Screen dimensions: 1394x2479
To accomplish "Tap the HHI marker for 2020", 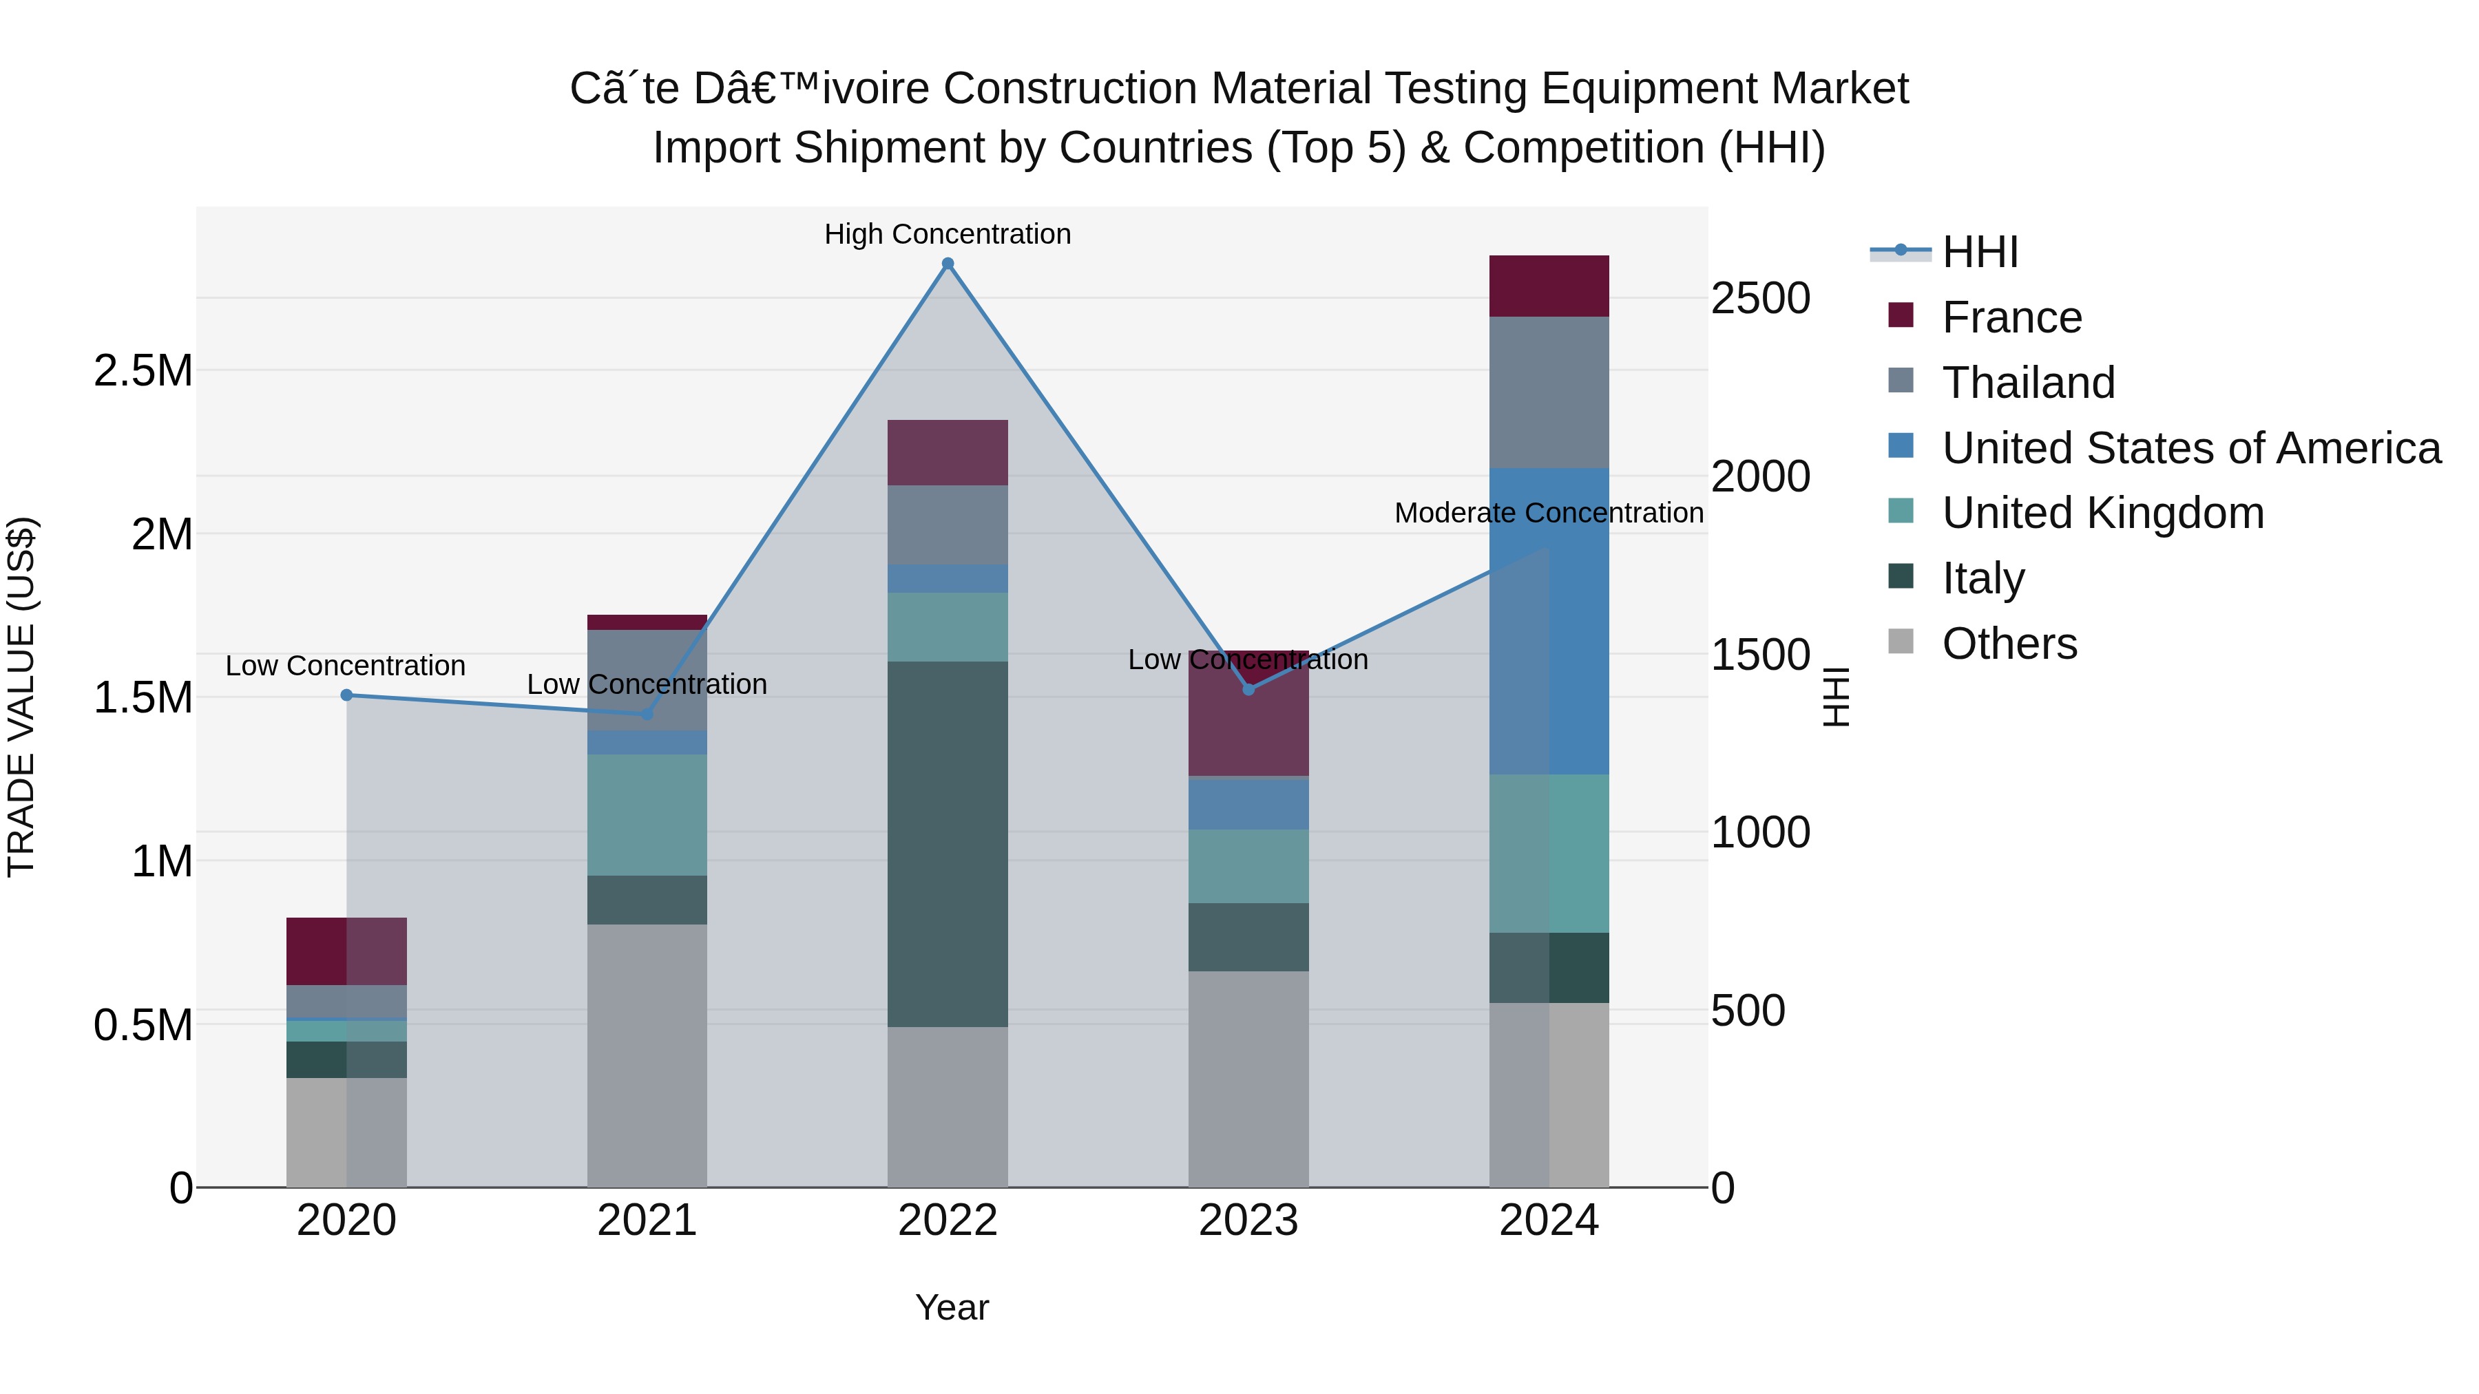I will [346, 695].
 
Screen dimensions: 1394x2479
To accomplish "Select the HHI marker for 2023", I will [1248, 689].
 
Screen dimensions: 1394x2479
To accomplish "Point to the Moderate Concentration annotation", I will [1549, 513].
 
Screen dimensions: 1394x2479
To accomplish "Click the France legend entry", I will [2011, 317].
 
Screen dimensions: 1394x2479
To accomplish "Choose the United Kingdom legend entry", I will [2103, 513].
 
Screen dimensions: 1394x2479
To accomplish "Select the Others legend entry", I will [2009, 644].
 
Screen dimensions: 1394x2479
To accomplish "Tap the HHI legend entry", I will [1980, 252].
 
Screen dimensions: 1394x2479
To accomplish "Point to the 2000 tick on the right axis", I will [1760, 476].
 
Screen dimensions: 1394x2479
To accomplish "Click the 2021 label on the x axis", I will [647, 1220].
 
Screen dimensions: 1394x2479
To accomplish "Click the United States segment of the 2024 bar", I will [1549, 620].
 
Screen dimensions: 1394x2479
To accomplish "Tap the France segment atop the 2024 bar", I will [1549, 286].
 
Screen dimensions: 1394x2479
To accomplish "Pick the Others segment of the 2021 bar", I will [647, 1055].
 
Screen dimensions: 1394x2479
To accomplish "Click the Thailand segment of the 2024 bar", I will [1549, 392].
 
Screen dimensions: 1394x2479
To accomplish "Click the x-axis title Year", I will [952, 1307].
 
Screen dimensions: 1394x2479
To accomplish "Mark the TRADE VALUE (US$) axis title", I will [21, 697].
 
